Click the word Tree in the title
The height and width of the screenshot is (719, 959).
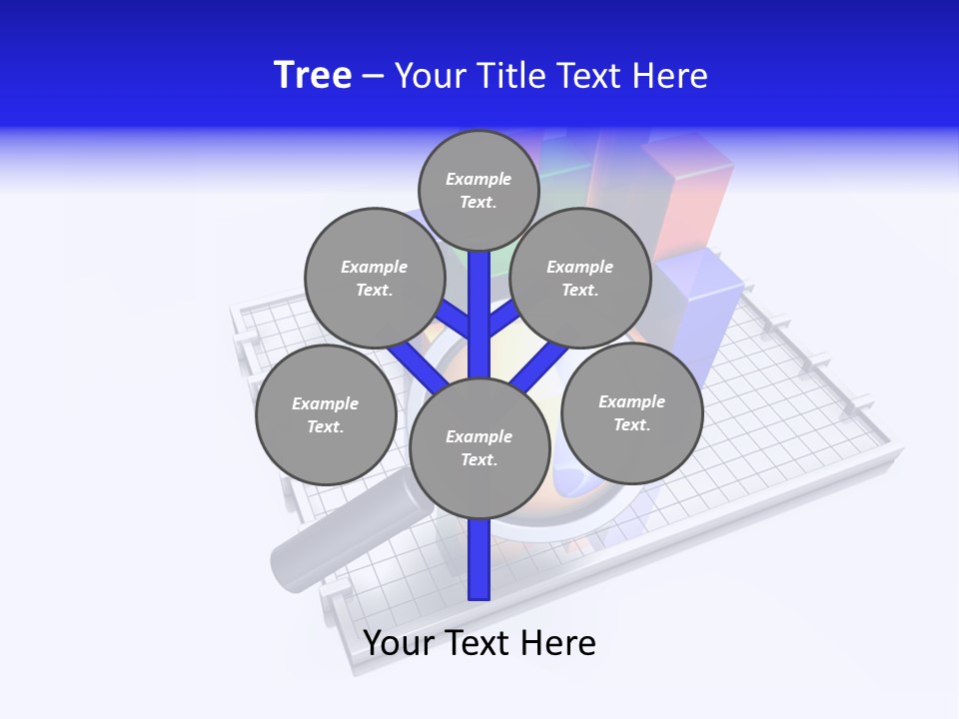[x=313, y=75]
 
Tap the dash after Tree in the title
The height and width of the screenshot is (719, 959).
[x=373, y=76]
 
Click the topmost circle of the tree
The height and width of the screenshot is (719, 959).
[x=479, y=190]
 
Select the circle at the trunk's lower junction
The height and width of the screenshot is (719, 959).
[x=479, y=448]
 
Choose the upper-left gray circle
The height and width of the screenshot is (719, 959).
[x=374, y=278]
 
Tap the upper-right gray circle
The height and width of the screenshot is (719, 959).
[x=579, y=278]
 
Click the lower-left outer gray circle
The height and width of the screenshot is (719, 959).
[x=325, y=414]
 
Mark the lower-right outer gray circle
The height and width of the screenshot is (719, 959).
[x=631, y=412]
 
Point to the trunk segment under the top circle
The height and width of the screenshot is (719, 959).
[x=479, y=290]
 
